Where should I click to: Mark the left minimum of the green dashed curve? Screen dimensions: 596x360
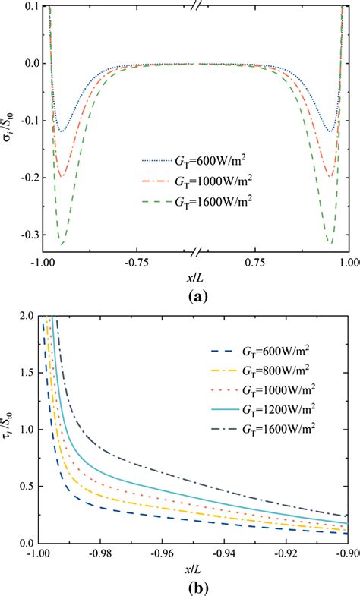[62, 244]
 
